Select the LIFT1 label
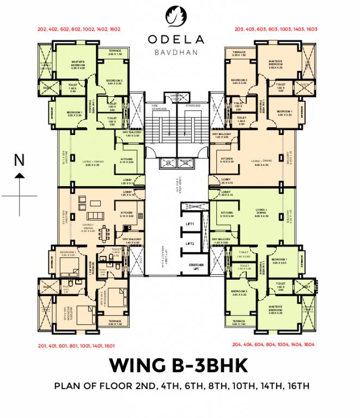pos(190,224)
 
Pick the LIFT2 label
pos(190,244)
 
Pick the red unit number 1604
pos(309,345)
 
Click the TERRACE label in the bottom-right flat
pos(239,322)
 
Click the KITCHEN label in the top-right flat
pos(227,160)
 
